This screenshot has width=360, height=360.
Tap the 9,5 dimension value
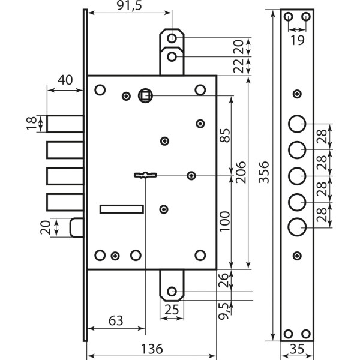coord(224,311)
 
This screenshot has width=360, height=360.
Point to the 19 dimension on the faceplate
coord(297,40)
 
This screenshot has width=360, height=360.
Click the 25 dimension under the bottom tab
coord(172,310)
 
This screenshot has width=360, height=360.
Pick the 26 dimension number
coord(224,280)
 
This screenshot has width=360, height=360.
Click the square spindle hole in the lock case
coord(145,95)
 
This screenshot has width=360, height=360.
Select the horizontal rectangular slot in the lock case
coord(121,208)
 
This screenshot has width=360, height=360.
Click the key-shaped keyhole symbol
coord(145,175)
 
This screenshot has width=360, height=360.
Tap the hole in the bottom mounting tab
coord(172,292)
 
